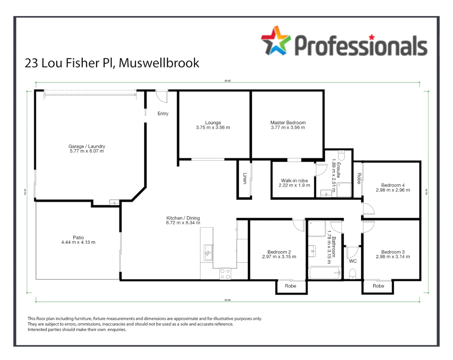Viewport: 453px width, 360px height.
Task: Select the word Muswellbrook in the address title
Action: tap(159, 63)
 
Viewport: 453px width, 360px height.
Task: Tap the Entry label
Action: tap(163, 114)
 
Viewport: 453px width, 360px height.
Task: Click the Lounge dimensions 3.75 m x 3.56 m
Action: tap(213, 128)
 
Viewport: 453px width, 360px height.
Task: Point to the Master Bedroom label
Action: tap(288, 123)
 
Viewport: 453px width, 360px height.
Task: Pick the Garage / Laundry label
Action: tap(87, 146)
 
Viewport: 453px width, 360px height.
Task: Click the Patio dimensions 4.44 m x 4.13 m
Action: tap(78, 242)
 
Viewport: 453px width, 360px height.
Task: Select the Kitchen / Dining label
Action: tap(183, 218)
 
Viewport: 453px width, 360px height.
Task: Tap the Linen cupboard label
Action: tap(245, 178)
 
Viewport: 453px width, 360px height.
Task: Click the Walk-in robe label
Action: tap(294, 181)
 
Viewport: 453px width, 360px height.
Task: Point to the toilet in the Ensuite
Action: tap(341, 155)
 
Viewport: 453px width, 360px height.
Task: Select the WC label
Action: tap(353, 261)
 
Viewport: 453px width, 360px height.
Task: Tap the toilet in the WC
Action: tap(353, 274)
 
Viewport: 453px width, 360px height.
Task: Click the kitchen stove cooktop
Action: tap(225, 274)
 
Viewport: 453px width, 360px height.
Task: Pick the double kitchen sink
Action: tap(208, 252)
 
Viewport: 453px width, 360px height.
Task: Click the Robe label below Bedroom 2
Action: tap(291, 286)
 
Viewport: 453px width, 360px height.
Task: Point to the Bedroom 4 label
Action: tap(393, 185)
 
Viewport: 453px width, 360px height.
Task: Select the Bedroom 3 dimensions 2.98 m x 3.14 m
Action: tap(393, 257)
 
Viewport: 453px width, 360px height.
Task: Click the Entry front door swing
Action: tap(162, 96)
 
